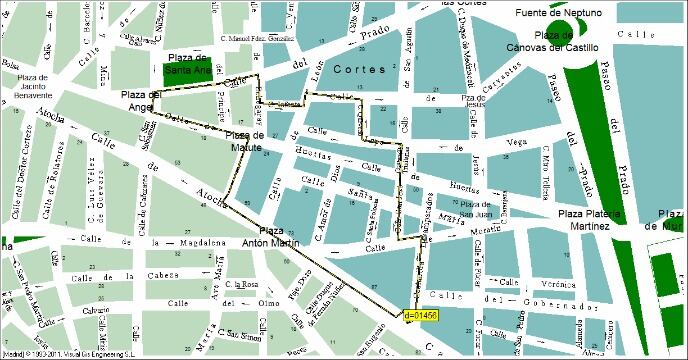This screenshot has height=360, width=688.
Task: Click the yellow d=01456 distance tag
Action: [x=421, y=316]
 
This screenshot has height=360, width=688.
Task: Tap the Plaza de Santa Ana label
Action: [x=188, y=65]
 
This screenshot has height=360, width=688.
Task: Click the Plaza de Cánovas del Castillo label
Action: [x=566, y=41]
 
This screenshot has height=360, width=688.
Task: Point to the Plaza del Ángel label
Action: [x=141, y=100]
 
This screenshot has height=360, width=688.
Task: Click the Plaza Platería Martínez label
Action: [x=590, y=220]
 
